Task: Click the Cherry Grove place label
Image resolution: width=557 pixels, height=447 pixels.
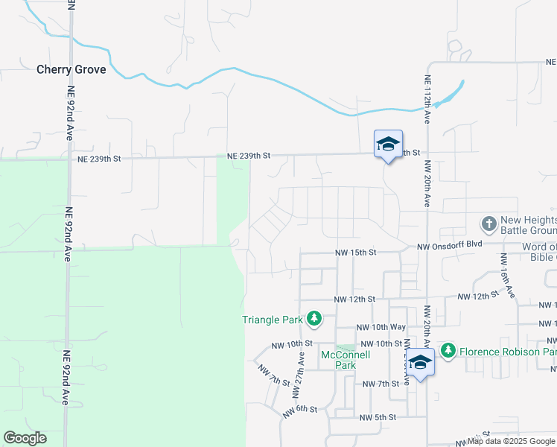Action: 71,70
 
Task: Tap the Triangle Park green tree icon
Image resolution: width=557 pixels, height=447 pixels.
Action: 314,320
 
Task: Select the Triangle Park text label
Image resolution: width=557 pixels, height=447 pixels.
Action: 273,320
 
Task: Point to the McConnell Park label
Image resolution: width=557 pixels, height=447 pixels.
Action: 345,360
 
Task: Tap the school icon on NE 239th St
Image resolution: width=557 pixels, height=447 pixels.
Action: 388,144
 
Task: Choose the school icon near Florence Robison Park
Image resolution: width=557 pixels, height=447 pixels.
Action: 421,363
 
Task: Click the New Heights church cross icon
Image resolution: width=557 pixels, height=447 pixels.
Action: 488,223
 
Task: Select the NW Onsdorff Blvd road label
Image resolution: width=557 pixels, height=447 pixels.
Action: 451,247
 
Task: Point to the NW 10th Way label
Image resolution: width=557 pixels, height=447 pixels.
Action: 381,328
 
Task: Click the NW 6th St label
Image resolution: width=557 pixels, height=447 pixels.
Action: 301,410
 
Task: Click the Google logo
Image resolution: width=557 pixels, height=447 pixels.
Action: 25,438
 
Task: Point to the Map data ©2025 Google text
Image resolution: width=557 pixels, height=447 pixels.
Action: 512,442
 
